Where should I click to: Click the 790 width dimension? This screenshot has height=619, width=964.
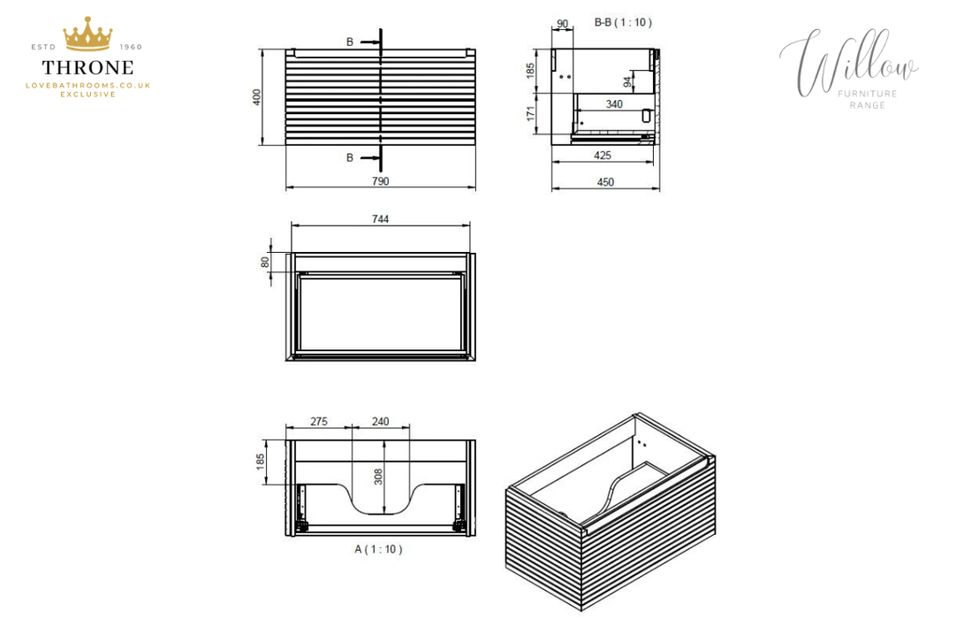381,181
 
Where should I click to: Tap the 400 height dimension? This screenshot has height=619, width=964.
257,97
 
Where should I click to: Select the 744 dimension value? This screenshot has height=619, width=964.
381,218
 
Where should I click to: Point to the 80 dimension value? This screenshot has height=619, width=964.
265,262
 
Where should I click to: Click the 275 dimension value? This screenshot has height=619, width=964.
318,422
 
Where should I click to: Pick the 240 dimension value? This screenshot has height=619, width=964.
381,422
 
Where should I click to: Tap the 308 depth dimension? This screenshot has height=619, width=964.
378,477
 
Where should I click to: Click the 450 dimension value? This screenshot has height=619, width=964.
605,182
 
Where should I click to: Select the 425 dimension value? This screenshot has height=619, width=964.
603,155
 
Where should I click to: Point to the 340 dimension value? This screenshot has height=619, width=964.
614,104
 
